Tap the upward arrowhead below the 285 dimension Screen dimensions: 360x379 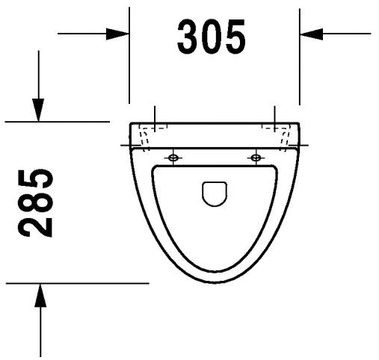[40, 295]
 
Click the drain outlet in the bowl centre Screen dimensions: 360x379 [215, 193]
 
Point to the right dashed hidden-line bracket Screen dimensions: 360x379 [283, 138]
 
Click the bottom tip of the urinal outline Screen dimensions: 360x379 [215, 282]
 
